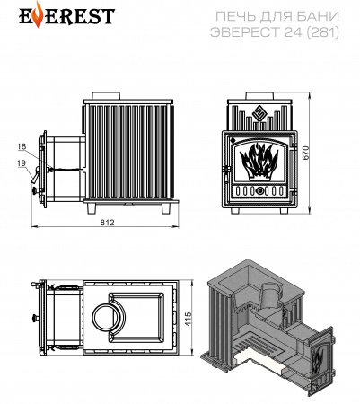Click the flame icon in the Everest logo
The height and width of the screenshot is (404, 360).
38,14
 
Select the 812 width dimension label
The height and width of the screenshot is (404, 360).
107,223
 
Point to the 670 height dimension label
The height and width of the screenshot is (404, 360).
305,153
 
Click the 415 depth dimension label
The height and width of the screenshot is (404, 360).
189,320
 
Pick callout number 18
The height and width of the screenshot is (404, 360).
22,146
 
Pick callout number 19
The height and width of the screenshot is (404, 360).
22,163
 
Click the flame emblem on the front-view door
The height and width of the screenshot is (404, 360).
259,162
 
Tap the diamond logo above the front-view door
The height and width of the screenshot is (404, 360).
259,113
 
